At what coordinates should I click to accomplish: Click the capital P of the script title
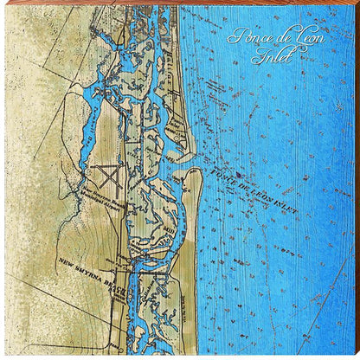(234, 36)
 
